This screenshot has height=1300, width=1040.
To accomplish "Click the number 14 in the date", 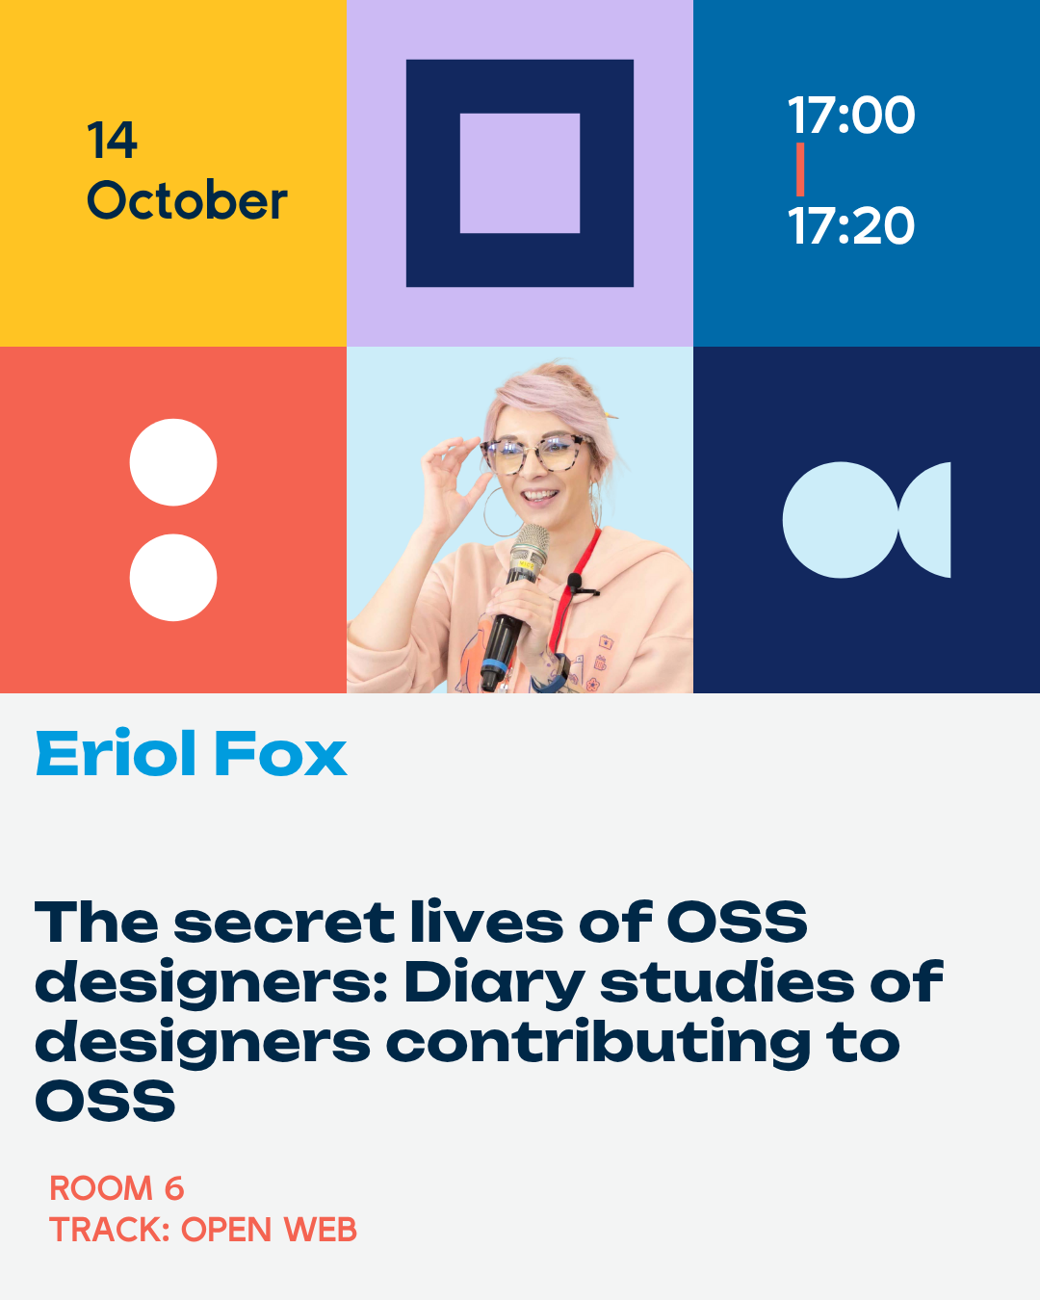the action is [113, 140].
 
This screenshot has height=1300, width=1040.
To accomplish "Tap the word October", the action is [188, 198].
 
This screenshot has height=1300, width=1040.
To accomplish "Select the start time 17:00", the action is [851, 115].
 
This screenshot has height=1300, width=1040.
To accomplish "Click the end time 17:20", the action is [851, 225].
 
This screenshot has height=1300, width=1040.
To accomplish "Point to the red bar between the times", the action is [800, 169].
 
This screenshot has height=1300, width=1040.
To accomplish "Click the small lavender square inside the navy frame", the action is [520, 173].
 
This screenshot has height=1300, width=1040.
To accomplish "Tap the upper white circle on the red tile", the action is [173, 462].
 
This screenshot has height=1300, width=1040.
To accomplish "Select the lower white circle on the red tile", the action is [173, 578].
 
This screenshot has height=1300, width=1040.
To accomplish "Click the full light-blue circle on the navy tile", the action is [841, 520].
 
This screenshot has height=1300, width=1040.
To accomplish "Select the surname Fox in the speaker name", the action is [281, 753].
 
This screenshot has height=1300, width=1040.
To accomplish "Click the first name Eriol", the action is [116, 753].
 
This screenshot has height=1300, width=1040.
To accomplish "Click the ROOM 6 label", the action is [117, 1188].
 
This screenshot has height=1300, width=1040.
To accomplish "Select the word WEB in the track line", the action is [321, 1230].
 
